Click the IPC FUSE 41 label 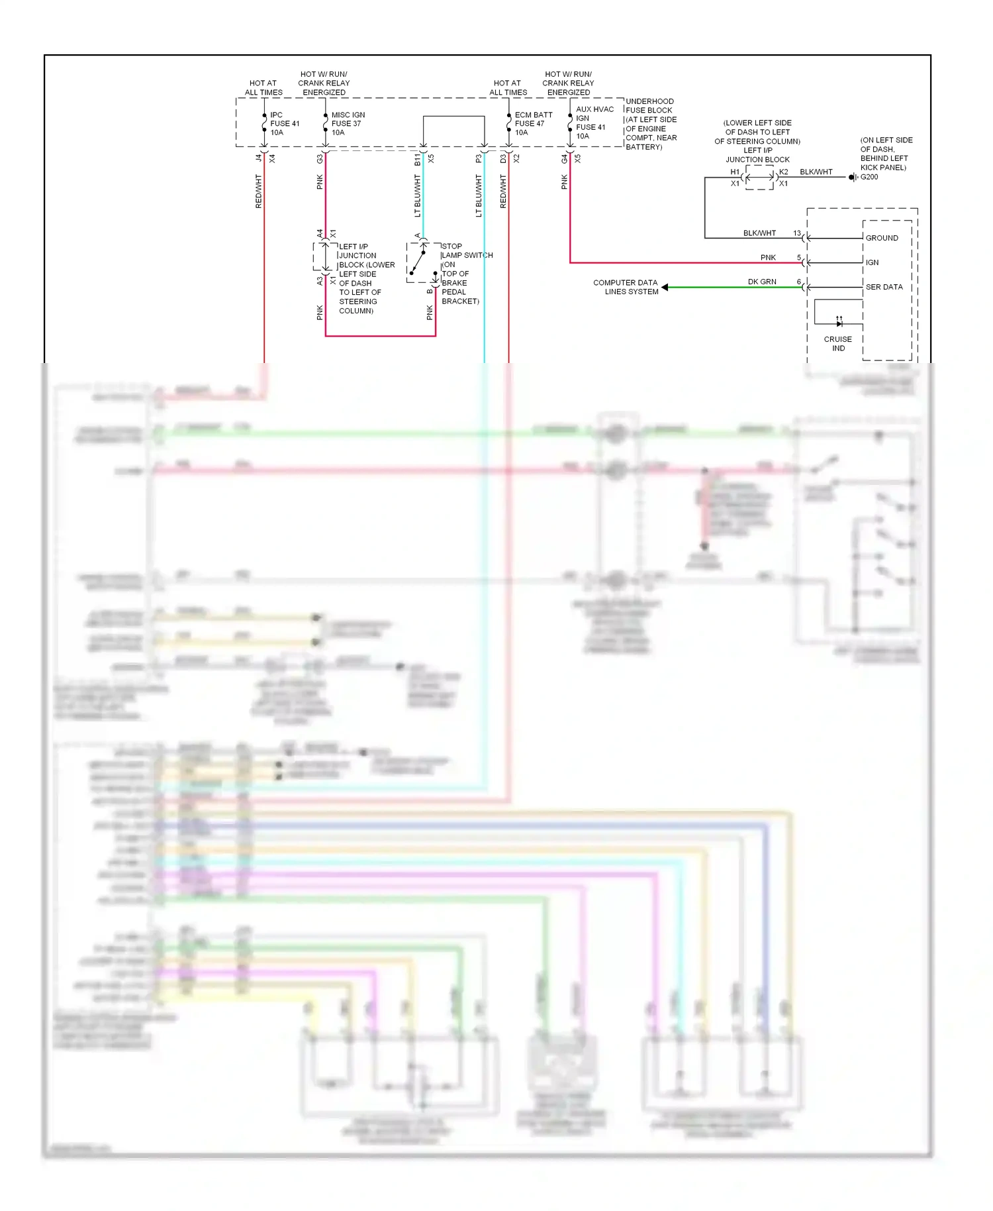(x=285, y=124)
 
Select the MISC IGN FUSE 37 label (x=348, y=124)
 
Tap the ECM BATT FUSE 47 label (x=533, y=124)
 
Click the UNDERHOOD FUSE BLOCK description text (x=651, y=124)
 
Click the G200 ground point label (x=869, y=177)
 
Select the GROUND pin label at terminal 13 (x=882, y=238)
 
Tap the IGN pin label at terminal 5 (x=872, y=262)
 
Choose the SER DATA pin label (x=884, y=287)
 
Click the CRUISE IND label (x=838, y=343)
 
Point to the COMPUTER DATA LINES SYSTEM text (x=626, y=287)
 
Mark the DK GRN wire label (x=762, y=282)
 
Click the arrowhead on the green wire (x=665, y=287)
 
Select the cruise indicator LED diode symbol (x=839, y=323)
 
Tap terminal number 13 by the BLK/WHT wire (x=797, y=233)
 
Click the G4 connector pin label (x=564, y=159)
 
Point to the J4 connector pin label (x=258, y=158)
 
